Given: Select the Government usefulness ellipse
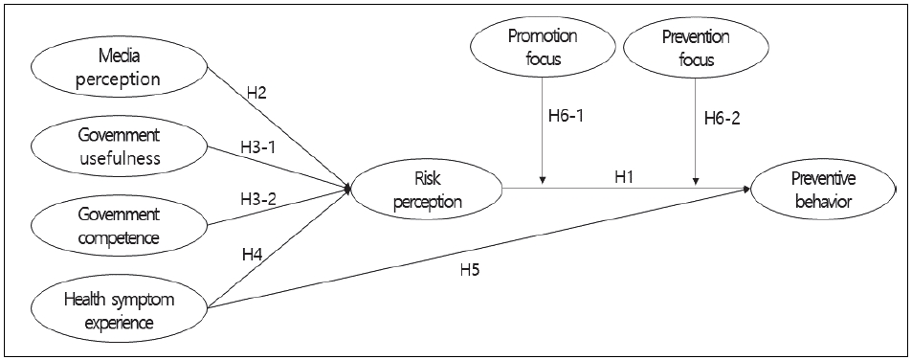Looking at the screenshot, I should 120,144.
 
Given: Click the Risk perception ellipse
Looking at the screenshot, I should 429,190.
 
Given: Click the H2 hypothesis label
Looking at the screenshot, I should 256,93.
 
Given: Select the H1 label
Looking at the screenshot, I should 625,175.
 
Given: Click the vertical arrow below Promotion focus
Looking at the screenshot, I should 543,134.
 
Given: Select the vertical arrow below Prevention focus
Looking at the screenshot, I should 694,134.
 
